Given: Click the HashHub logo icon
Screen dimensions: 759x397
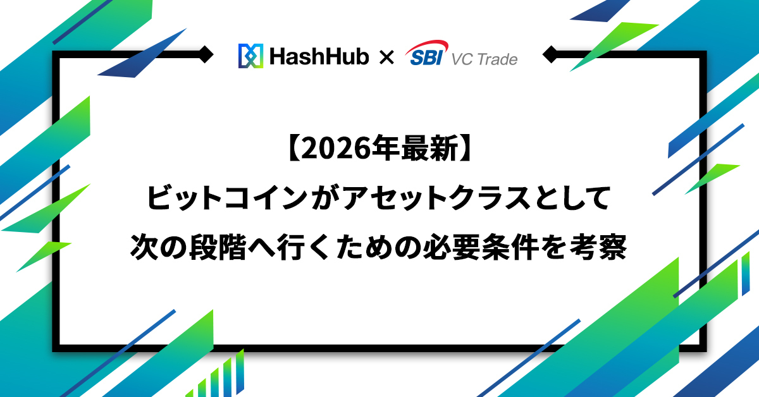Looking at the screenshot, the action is tap(250, 56).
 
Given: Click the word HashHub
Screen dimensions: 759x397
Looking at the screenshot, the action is tap(319, 56).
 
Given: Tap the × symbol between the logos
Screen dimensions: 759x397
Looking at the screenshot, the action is tap(386, 58).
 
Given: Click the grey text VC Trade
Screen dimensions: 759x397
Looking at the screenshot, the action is tap(484, 59).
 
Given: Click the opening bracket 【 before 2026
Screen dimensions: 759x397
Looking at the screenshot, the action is tap(292, 149).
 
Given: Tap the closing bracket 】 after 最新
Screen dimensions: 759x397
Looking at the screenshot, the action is tap(467, 149).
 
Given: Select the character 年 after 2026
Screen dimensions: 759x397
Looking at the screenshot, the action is tap(385, 149).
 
